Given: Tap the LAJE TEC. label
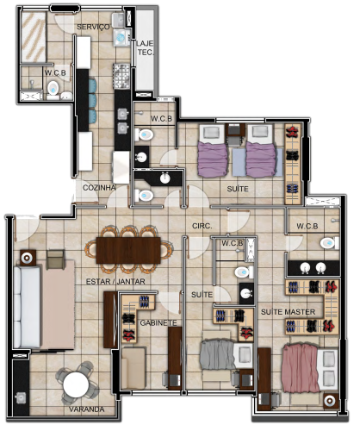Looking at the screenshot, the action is point(145,47).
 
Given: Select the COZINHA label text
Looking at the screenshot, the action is point(99,188).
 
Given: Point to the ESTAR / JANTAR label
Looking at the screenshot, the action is point(115,281).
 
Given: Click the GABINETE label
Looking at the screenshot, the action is point(158,322).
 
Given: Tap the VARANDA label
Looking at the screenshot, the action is point(86,409).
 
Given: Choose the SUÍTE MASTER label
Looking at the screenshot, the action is point(288,312).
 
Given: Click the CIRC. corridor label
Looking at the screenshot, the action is point(202,226).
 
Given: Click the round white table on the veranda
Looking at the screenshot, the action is point(76,384).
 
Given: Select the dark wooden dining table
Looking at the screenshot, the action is point(128,250).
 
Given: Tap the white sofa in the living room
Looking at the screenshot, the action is point(27,307).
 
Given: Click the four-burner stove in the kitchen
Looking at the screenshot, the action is point(121,76).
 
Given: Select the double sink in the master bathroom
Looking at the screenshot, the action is point(313,268).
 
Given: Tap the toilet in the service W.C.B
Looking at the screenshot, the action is point(53,88).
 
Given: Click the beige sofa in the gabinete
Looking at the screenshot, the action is point(133,368).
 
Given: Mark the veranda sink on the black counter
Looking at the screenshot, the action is point(21,398).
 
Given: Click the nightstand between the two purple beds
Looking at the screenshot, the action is point(235,131).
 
